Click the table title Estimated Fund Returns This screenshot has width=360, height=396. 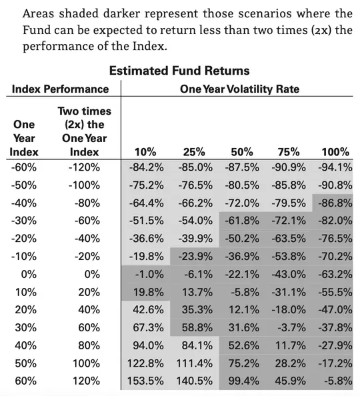click(179, 71)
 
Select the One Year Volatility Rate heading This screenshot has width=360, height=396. click(239, 89)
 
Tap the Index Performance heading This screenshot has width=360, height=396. click(61, 89)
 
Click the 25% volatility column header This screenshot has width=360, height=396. click(194, 152)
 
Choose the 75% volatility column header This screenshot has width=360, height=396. click(289, 152)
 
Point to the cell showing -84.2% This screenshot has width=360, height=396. click(146, 167)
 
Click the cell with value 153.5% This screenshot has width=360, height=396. click(145, 381)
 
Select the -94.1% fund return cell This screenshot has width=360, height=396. click(335, 167)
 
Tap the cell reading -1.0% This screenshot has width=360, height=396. click(149, 274)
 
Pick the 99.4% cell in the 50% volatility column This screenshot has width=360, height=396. click(244, 381)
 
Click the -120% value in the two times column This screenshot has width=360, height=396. click(85, 167)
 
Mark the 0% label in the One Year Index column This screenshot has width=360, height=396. click(29, 274)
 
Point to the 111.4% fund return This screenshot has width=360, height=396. click(194, 363)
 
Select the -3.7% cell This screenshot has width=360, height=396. click(291, 327)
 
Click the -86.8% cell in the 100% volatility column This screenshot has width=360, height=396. click(335, 203)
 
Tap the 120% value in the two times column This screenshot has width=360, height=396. click(87, 381)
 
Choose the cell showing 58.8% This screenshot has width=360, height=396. click(197, 327)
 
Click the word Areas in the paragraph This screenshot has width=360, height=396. click(39, 13)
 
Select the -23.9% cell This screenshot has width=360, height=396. click(195, 257)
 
